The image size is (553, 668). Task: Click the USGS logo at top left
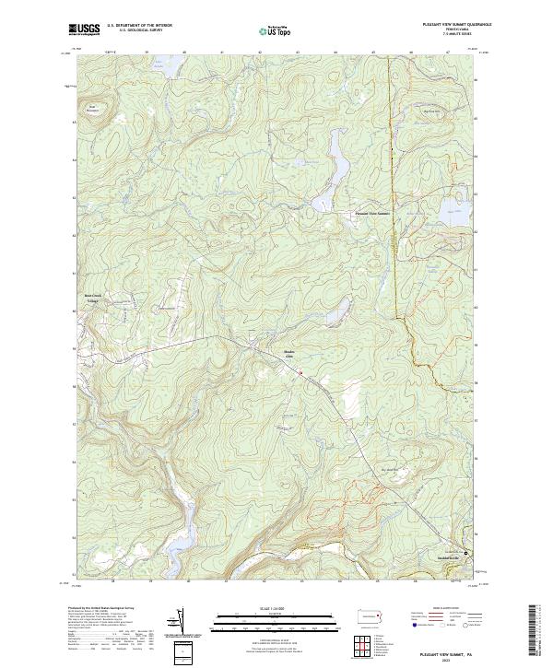click(84, 29)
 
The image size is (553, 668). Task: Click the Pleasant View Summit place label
click(372, 214)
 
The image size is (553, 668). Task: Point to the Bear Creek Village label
click(91, 299)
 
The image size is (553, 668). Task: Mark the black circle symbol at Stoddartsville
click(465, 553)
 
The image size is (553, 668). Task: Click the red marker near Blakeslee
click(300, 372)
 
